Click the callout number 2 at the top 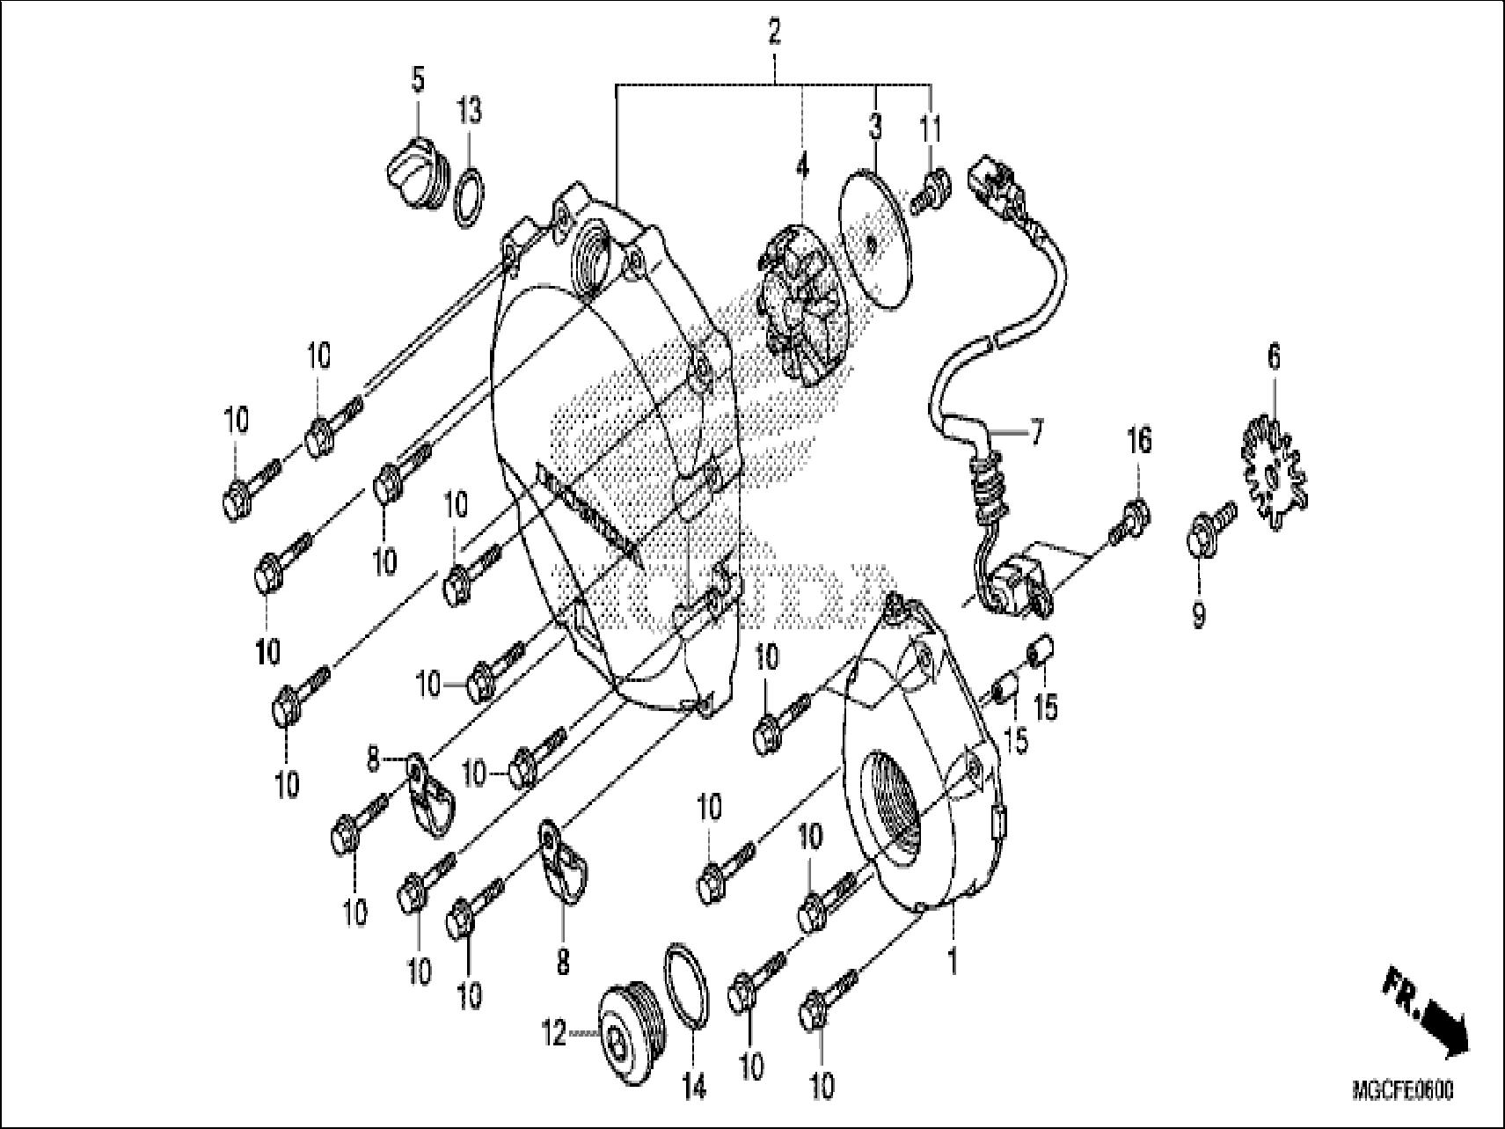[x=774, y=33]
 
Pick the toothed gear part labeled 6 [x=1274, y=464]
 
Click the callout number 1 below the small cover [x=951, y=960]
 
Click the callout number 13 [x=469, y=112]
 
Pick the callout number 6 [x=1274, y=358]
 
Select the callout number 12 [x=554, y=1035]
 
